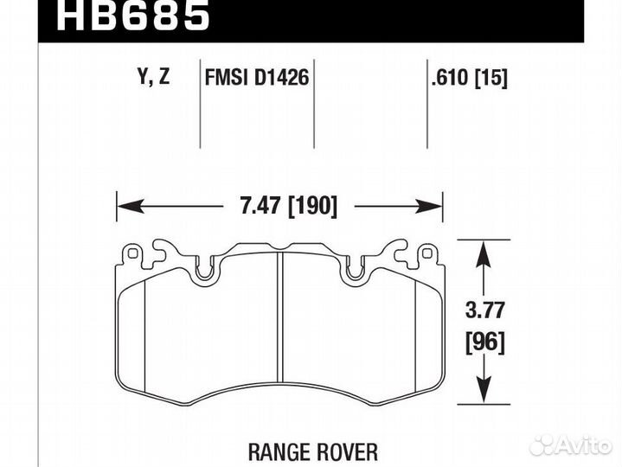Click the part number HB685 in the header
coord(133,16)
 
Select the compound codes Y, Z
coord(153,76)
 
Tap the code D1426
coord(281,77)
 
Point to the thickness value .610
coord(450,77)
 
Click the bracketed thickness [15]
coord(491,78)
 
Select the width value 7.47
coord(260,205)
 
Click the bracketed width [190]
coord(313,206)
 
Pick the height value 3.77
coord(484,310)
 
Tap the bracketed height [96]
coord(485,342)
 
